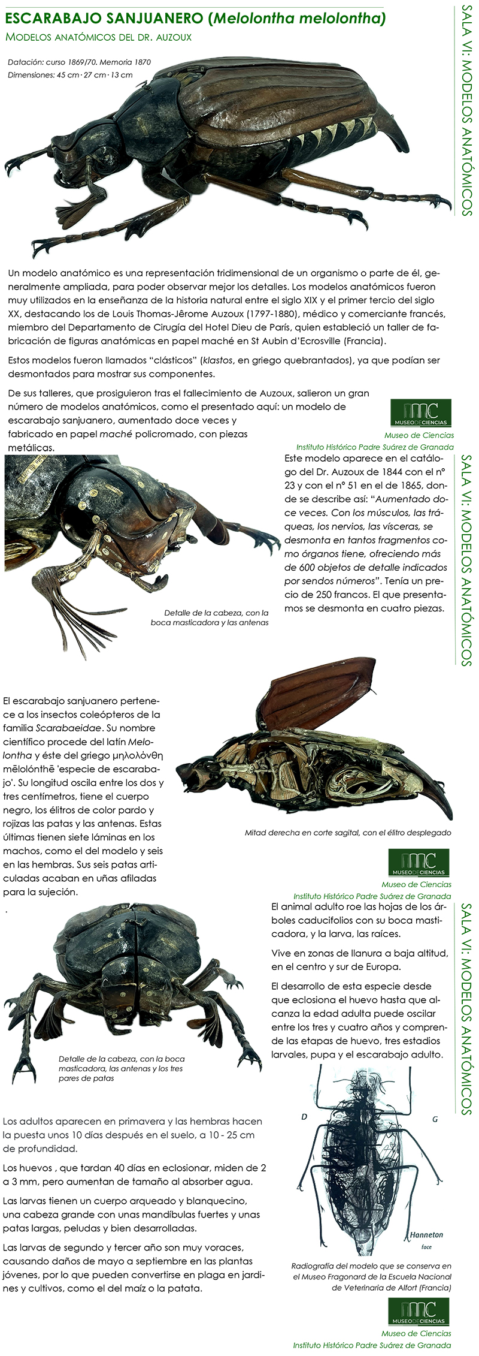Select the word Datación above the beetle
26,62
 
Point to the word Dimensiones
32,75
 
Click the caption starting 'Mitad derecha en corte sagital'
348,832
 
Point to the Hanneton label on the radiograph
426,1235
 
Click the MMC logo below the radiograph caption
419,1311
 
